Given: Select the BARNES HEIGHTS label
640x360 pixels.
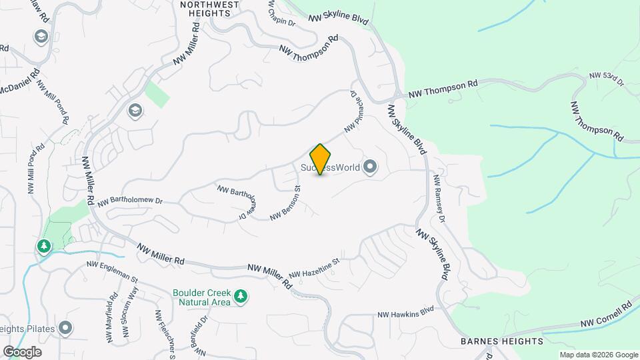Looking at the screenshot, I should [502, 341].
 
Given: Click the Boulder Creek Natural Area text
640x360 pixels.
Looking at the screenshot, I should [201, 297].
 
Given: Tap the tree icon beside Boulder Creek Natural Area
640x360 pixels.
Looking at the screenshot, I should [241, 296].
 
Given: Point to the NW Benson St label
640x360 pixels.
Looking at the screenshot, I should [286, 203].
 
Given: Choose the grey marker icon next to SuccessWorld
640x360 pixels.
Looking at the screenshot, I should [371, 167].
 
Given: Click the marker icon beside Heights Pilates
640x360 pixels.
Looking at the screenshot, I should [65, 327].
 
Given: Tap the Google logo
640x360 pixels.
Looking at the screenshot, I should [22, 351].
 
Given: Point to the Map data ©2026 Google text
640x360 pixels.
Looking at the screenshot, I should [598, 355].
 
